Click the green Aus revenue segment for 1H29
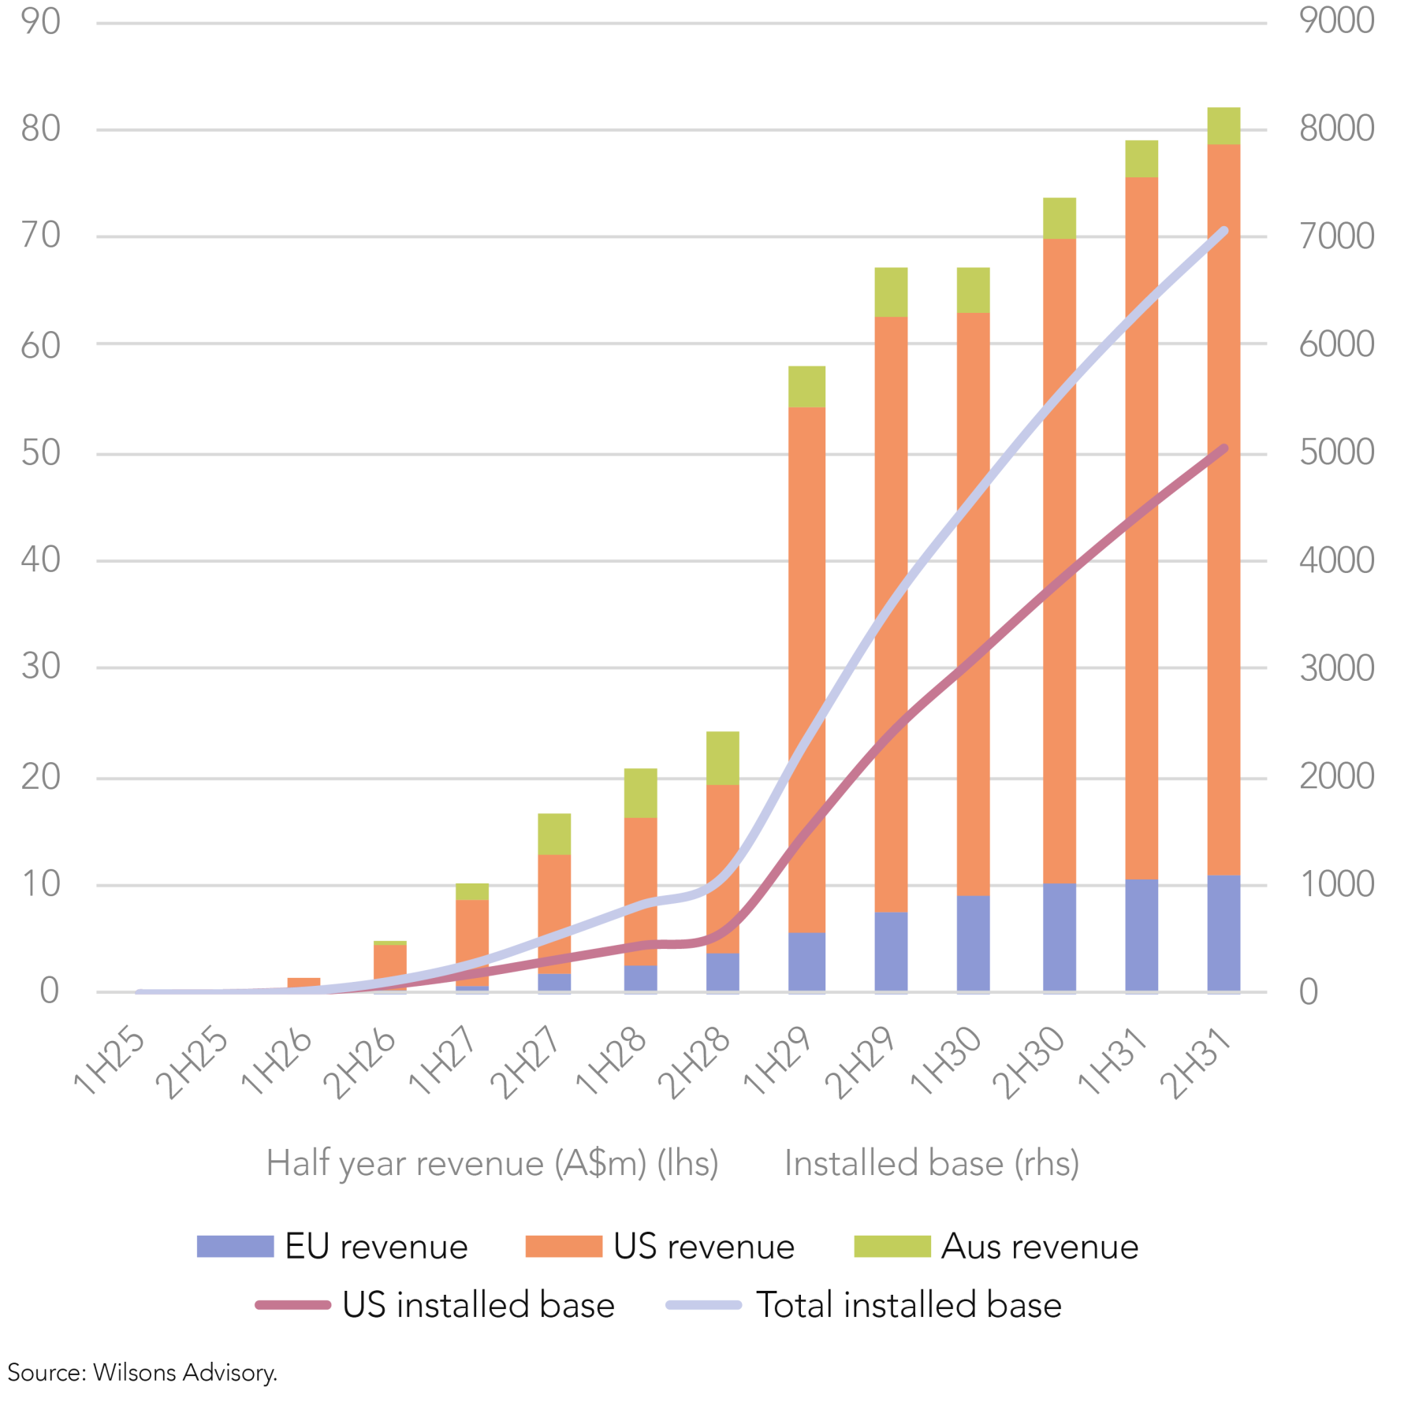point(806,386)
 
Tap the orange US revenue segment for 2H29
point(891,614)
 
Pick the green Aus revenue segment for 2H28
point(722,757)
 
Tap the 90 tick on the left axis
point(41,21)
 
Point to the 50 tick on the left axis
point(41,453)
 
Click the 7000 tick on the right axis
point(1336,236)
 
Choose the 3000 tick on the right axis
point(1336,668)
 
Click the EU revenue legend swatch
point(235,1246)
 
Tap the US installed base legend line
point(292,1305)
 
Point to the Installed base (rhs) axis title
point(931,1163)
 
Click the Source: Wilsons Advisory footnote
point(143,1372)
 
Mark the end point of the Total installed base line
point(1223,230)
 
